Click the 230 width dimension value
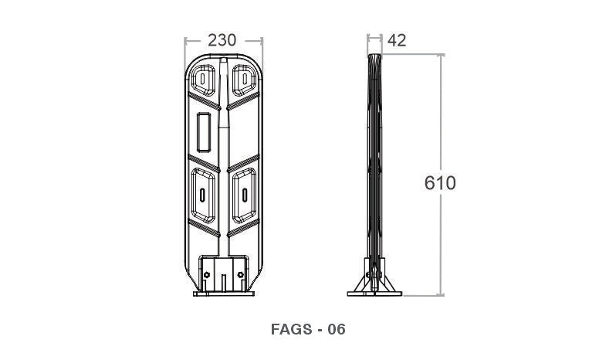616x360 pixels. (x=222, y=40)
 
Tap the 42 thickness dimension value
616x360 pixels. (x=397, y=40)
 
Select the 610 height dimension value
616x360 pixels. (x=440, y=183)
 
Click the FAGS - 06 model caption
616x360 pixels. (x=308, y=329)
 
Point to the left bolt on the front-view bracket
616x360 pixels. (x=207, y=275)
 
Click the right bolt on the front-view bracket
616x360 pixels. (x=240, y=275)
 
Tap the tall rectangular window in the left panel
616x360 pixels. (x=204, y=132)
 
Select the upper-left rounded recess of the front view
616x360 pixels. (x=203, y=80)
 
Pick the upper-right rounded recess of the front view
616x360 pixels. (x=245, y=80)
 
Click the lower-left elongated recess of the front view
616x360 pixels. (x=203, y=195)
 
